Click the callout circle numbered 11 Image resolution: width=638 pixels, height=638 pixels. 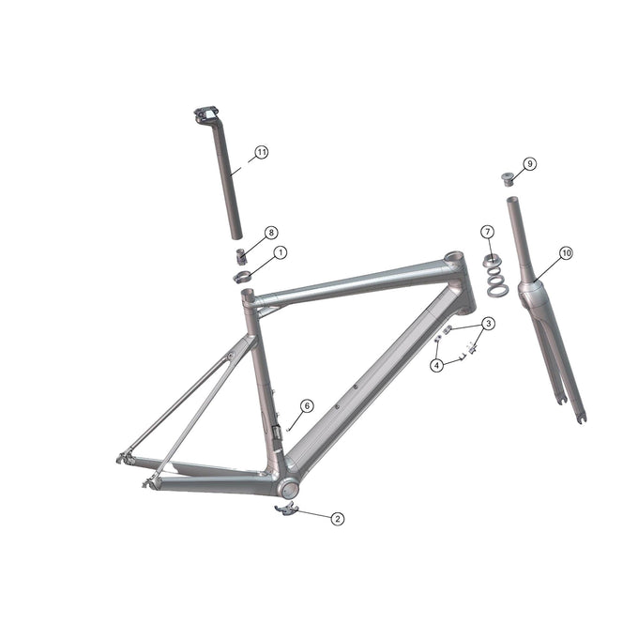point(261,152)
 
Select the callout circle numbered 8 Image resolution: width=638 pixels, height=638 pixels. point(271,232)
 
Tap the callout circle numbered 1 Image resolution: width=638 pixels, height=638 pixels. point(280,252)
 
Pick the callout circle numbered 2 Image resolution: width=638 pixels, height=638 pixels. point(338,518)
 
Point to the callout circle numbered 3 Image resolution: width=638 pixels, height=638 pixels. point(488,324)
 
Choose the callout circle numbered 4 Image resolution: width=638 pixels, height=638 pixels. point(437,365)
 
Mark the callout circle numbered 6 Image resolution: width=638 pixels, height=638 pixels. point(306,405)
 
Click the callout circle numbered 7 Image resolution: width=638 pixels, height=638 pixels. point(487,231)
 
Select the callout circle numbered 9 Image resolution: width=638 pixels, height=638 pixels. point(530,163)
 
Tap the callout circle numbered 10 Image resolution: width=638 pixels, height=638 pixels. point(566,252)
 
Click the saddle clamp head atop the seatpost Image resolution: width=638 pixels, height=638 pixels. point(205,114)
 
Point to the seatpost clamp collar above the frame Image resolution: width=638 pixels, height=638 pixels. point(242,276)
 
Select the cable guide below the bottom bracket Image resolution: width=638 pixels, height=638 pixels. point(284,509)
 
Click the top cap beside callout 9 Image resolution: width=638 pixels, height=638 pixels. point(509,176)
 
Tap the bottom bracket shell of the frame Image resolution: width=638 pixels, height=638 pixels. point(289,489)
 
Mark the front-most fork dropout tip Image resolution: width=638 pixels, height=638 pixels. point(583,418)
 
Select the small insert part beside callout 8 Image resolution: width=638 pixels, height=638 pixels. point(240,255)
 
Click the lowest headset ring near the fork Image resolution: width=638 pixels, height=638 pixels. point(498,291)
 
